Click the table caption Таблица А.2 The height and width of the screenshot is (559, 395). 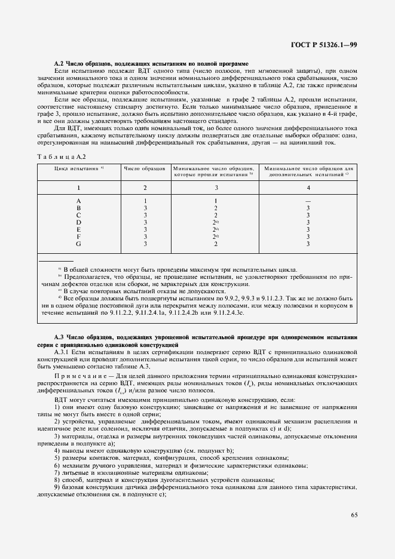(x=63, y=156)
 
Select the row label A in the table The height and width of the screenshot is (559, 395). (x=79, y=201)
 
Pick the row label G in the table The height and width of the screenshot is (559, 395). (x=79, y=244)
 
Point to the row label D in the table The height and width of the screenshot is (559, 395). (x=79, y=222)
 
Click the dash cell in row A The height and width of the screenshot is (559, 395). (x=308, y=201)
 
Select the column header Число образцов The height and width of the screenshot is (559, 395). (x=145, y=169)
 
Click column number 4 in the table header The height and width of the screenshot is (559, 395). (x=308, y=187)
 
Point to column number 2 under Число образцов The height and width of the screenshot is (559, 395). (x=145, y=187)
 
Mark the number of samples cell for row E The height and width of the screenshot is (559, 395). (x=145, y=229)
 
